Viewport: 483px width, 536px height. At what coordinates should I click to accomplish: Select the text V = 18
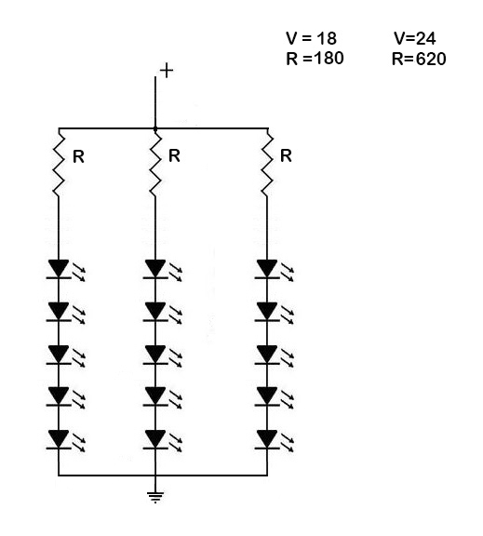(311, 39)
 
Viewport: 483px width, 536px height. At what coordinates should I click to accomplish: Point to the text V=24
(415, 39)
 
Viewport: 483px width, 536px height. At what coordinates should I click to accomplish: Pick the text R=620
(419, 59)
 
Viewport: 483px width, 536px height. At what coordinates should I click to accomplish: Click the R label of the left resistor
(78, 157)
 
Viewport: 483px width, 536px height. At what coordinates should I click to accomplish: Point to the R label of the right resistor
(286, 157)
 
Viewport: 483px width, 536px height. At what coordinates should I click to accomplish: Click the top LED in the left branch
(60, 270)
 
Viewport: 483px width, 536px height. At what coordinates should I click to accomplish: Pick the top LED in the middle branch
(154, 270)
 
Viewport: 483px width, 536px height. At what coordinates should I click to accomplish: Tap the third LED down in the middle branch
(154, 355)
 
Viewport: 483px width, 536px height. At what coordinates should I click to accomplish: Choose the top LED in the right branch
(268, 270)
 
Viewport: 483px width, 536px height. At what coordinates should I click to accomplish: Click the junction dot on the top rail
(154, 128)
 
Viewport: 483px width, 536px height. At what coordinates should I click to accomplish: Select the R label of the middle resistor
(173, 157)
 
